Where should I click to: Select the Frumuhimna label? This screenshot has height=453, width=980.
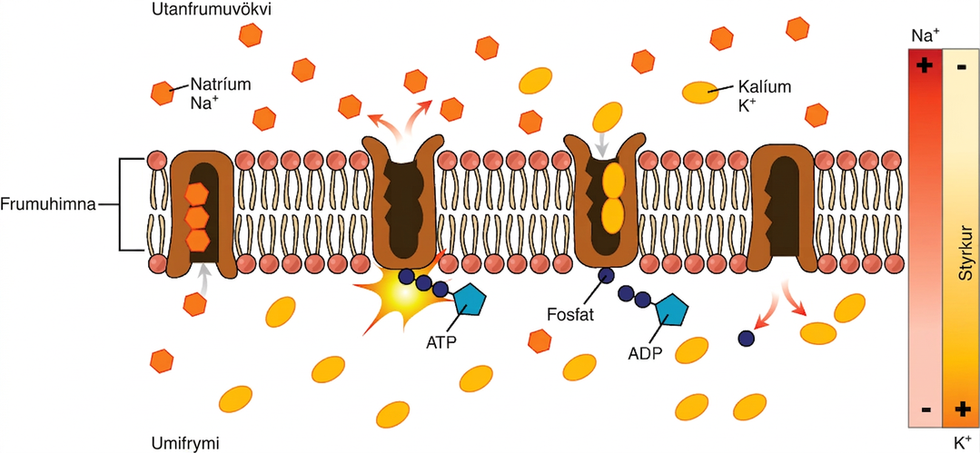tap(47, 204)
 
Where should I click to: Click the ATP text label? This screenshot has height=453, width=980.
tap(443, 343)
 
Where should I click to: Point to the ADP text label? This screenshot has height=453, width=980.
tap(644, 354)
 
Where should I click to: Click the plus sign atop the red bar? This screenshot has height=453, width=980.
tap(925, 65)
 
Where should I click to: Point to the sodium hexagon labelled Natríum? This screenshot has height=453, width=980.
tap(163, 94)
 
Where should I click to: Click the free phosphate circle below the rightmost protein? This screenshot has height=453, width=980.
tap(745, 338)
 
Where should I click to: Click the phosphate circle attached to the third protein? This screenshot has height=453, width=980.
tap(606, 275)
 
